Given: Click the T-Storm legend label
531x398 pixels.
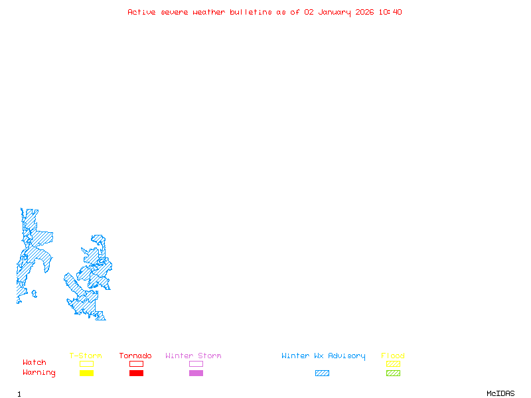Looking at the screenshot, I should pos(86,356).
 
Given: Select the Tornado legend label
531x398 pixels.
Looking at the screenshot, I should pos(135,356).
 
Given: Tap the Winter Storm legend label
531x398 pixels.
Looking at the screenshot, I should pos(193,356).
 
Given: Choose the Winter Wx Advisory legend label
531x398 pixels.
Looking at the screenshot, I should pos(323,356).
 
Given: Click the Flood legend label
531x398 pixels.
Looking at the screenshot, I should pos(393,356).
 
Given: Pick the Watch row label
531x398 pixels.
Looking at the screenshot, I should pos(35,363).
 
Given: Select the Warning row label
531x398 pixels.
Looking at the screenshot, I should pos(39,373).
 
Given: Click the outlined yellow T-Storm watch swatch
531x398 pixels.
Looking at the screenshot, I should pos(86,364).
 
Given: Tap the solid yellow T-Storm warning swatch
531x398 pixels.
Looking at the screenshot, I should pos(86,373).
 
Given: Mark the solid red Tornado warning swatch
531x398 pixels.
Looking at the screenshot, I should pos(136,373).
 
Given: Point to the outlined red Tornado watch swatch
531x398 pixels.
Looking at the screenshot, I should pos(136,364).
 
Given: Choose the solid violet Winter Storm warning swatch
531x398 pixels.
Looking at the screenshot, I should pos(196,373).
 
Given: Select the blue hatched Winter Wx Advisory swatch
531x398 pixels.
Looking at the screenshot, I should pos(322,373).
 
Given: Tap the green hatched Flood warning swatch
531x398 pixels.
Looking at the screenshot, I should pos(393,373).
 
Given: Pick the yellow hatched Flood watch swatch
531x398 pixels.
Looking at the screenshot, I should pos(393,364).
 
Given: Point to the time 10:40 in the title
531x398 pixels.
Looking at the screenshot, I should pos(390,12).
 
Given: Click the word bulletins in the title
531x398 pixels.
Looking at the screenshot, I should pos(251,12).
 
